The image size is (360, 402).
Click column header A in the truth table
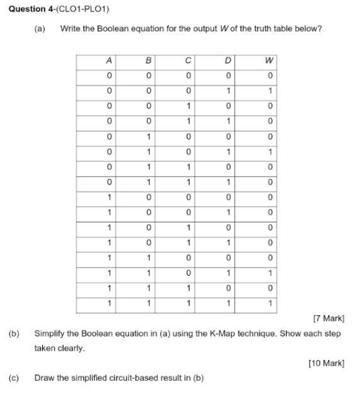click(x=109, y=61)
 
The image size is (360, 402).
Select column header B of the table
click(x=148, y=61)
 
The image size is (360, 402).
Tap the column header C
click(x=188, y=61)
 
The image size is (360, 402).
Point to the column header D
click(x=228, y=61)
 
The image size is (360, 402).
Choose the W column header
click(x=269, y=61)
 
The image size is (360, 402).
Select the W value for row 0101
click(x=269, y=151)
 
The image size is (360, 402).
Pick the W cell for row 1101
click(x=269, y=273)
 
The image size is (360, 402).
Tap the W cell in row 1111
click(x=269, y=303)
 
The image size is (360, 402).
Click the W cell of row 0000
click(x=269, y=76)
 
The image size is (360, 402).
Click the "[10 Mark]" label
click(x=327, y=363)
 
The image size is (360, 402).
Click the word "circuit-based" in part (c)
click(x=133, y=378)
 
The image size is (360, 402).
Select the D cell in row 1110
click(x=228, y=288)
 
